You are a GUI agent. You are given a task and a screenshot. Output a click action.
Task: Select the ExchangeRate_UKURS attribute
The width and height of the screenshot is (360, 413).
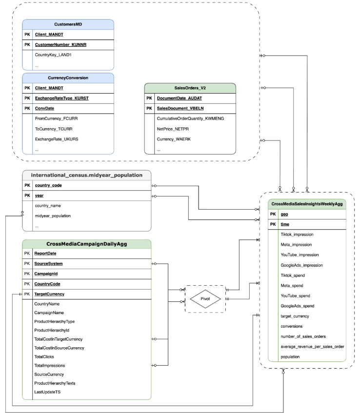[55, 139]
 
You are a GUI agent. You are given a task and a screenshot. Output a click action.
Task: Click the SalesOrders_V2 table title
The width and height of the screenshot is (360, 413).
[190, 87]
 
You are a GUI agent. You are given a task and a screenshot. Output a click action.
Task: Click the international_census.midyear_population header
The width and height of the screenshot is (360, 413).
[87, 175]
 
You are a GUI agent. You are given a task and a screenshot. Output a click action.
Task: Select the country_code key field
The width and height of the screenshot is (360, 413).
[48, 186]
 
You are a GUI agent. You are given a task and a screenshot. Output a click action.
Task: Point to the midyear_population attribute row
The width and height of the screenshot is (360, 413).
[53, 216]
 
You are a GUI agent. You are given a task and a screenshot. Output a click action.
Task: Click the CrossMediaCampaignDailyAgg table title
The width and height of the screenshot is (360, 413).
[87, 243]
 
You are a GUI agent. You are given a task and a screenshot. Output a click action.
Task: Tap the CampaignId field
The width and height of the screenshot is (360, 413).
[46, 274]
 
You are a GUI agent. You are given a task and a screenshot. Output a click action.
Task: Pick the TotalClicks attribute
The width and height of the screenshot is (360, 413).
[44, 356]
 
